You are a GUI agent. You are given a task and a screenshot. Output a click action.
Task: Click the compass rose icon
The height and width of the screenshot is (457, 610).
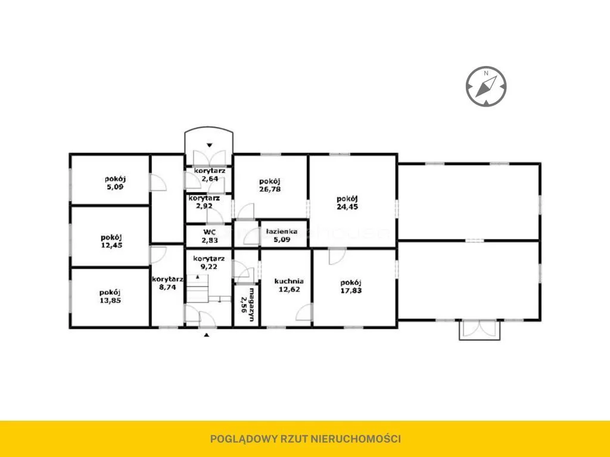(x=486, y=86)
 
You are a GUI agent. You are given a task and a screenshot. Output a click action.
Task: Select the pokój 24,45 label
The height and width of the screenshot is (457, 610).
(x=347, y=203)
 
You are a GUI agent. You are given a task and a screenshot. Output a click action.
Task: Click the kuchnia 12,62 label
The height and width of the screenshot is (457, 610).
(x=289, y=285)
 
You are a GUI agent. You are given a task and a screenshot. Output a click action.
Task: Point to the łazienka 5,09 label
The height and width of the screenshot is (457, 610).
(x=282, y=236)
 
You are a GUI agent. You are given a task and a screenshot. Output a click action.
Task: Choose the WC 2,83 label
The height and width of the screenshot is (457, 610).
(x=210, y=236)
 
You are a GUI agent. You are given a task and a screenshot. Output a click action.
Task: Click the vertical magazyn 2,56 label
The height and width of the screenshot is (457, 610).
(x=247, y=305)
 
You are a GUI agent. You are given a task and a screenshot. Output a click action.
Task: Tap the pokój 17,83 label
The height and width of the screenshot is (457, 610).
(x=351, y=286)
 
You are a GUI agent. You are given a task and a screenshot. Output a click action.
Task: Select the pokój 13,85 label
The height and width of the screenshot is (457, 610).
(x=110, y=296)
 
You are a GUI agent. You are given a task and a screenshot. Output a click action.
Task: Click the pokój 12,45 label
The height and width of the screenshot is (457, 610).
(x=111, y=241)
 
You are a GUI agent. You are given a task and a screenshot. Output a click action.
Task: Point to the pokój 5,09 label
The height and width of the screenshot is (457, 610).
(x=115, y=183)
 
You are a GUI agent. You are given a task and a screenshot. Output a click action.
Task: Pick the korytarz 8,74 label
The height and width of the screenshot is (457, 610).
(x=167, y=283)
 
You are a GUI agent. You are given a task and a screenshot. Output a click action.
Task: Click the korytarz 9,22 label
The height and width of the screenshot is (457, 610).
(x=209, y=262)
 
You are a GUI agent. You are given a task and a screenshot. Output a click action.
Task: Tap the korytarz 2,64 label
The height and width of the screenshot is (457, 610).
(x=210, y=175)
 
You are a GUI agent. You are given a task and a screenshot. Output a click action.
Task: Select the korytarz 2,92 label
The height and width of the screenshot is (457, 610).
(x=204, y=202)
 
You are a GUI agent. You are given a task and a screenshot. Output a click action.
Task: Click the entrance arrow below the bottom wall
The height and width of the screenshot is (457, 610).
(x=207, y=334)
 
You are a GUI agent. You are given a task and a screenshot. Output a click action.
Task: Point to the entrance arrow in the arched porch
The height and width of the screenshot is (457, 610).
(x=209, y=145)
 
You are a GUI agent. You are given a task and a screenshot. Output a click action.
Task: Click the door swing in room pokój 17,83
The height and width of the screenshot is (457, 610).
(x=337, y=257)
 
